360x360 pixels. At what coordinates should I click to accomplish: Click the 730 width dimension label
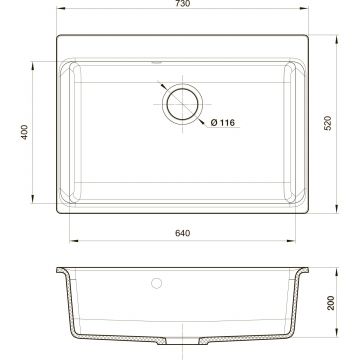coord(183,4)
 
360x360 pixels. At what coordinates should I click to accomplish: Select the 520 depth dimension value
coord(328,123)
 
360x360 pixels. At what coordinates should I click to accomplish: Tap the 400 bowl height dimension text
coord(24,132)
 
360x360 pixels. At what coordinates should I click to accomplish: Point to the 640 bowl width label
coord(183,233)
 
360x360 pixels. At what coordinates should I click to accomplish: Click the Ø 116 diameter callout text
coord(223,123)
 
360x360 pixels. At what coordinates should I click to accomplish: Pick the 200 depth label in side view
coord(330,303)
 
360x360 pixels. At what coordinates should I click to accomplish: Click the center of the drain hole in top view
coord(182,104)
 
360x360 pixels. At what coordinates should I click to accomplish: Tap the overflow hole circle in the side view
coord(156,283)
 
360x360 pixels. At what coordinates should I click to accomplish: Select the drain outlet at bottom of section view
coord(182,340)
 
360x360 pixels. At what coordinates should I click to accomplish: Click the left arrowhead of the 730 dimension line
coord(60,8)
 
